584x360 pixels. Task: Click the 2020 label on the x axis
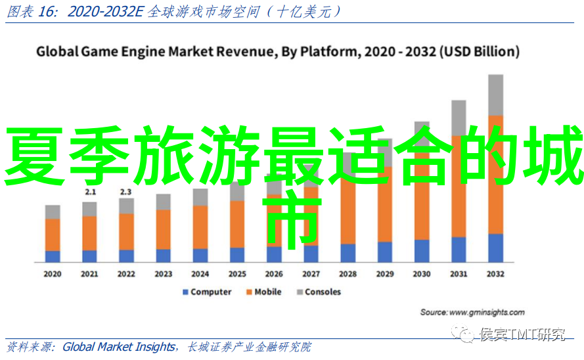(53, 274)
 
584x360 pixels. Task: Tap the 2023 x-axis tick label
(164, 274)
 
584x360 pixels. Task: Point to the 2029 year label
(385, 274)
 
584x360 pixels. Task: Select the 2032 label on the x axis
(496, 274)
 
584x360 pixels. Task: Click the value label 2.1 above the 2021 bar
(90, 192)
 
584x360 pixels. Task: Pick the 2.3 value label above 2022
(126, 192)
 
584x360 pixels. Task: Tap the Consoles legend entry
(323, 292)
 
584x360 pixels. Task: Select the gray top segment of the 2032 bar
(496, 95)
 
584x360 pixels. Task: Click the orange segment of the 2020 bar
(53, 235)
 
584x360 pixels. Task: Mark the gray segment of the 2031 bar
(459, 118)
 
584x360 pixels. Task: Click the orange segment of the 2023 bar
(164, 229)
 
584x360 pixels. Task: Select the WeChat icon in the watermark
(466, 335)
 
